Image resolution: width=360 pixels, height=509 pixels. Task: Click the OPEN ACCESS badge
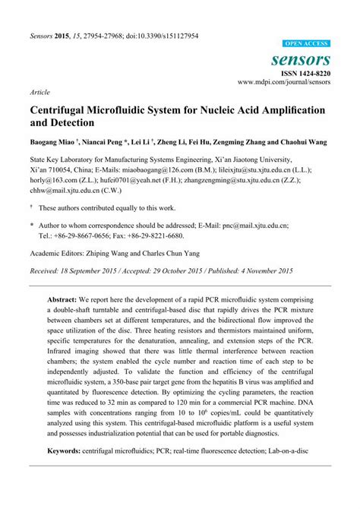click(307, 44)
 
